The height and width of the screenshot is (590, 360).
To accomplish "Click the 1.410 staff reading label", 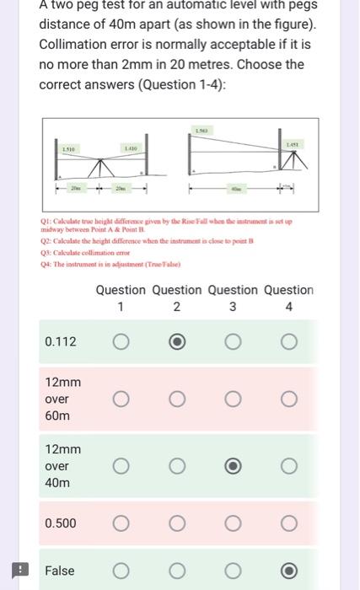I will (x=130, y=149).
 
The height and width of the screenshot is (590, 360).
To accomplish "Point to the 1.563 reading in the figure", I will (x=202, y=131).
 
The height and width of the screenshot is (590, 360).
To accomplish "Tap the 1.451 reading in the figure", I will (x=291, y=146).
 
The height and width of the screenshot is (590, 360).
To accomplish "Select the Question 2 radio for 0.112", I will (x=176, y=341).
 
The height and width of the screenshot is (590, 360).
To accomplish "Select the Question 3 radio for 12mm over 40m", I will (x=233, y=466).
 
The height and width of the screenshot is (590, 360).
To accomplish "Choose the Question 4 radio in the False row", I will (x=289, y=571).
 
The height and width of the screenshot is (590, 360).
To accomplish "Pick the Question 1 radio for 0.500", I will (x=121, y=523).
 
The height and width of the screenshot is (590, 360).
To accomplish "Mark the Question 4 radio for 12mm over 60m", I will (x=289, y=399).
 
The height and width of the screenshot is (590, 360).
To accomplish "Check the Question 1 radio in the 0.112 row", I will (x=121, y=341).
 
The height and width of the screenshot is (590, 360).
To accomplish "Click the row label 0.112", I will (x=60, y=341).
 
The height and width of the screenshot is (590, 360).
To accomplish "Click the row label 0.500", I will (x=60, y=523).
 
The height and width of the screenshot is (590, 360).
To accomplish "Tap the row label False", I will (x=59, y=571).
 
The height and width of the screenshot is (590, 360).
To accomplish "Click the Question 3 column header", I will (x=233, y=298).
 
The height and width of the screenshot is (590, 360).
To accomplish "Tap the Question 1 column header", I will (x=121, y=298).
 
